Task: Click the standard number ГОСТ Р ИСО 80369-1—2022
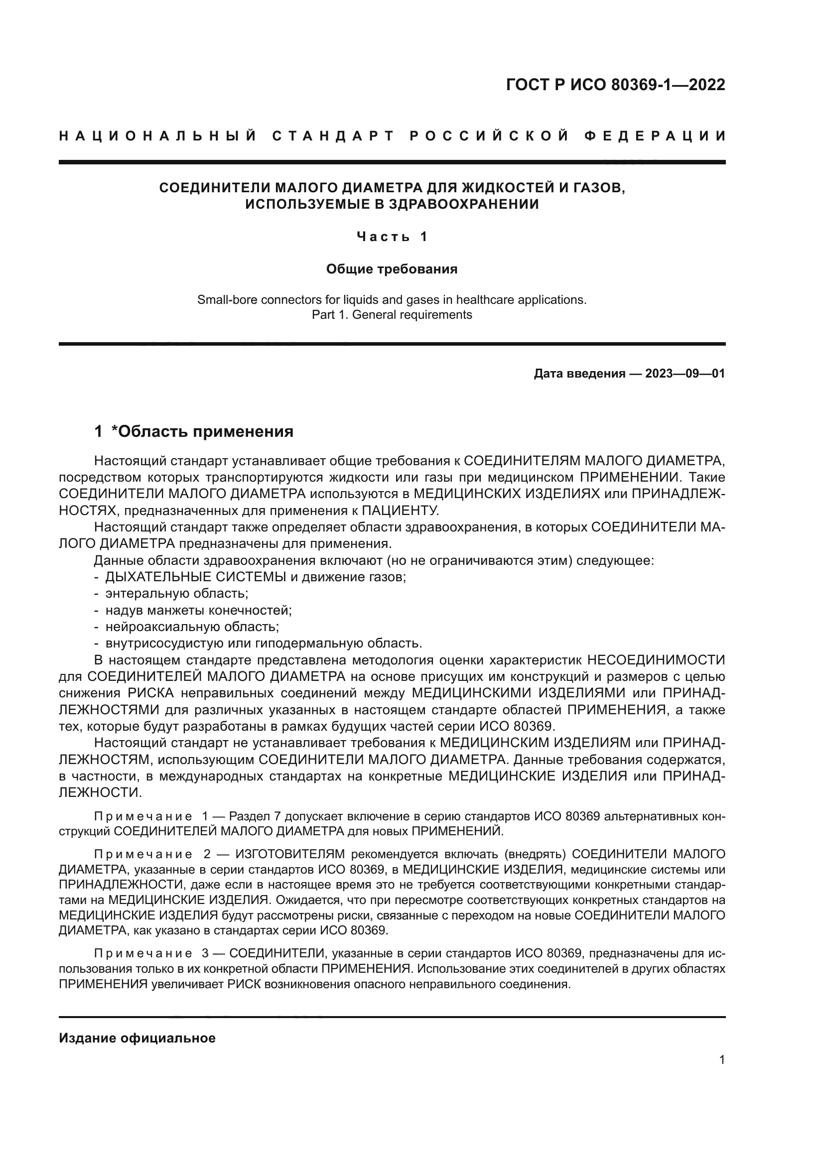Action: (x=615, y=85)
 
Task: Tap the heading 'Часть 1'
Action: (x=392, y=237)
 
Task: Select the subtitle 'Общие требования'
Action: (x=392, y=269)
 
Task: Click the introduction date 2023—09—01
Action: (x=685, y=374)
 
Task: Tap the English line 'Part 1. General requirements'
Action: (x=392, y=315)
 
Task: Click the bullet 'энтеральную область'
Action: (x=176, y=593)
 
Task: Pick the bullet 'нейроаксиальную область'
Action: (x=192, y=627)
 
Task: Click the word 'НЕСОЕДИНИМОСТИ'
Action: (x=656, y=659)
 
